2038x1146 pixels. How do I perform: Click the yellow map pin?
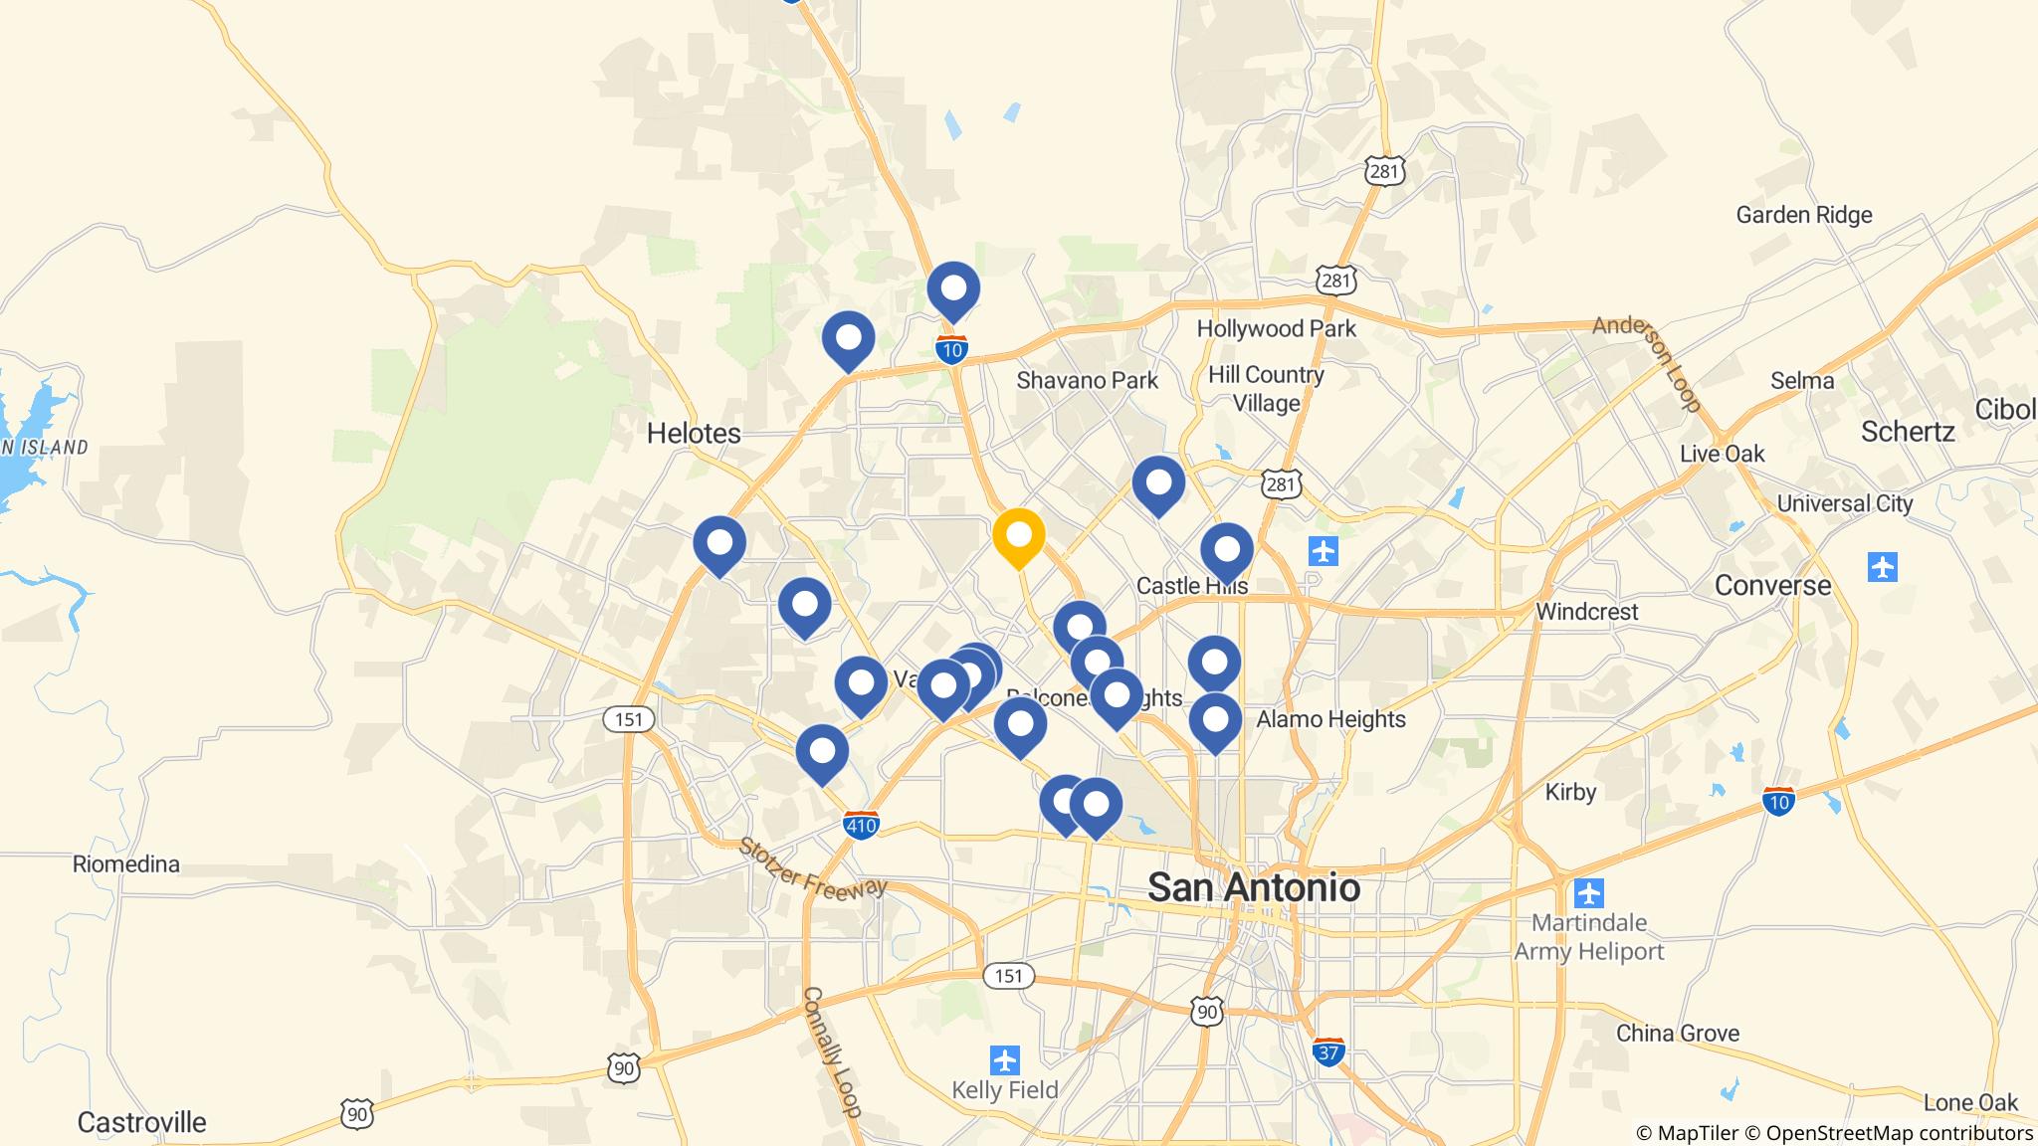coord(1018,536)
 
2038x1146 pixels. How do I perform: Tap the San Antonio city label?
coord(1254,886)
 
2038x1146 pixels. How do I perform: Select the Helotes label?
coord(694,433)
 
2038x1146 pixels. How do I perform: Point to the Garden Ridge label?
coord(1803,215)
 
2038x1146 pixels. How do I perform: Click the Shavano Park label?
coord(1087,380)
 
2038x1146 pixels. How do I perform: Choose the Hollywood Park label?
coord(1276,328)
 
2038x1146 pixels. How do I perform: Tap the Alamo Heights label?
coord(1330,719)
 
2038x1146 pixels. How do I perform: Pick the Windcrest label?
coord(1586,612)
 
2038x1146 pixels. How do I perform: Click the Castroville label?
coord(141,1122)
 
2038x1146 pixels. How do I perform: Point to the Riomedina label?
coord(126,863)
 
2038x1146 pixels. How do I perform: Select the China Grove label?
coord(1677,1033)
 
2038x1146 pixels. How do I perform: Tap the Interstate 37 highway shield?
coord(1329,1051)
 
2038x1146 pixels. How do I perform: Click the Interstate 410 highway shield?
coord(861,825)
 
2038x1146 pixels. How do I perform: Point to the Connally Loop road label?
coord(832,1051)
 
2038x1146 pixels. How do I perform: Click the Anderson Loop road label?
coord(1646,364)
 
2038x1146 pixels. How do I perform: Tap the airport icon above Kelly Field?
coord(1005,1059)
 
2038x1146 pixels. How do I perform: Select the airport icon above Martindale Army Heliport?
coord(1589,892)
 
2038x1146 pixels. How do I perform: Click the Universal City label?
coord(1844,503)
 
